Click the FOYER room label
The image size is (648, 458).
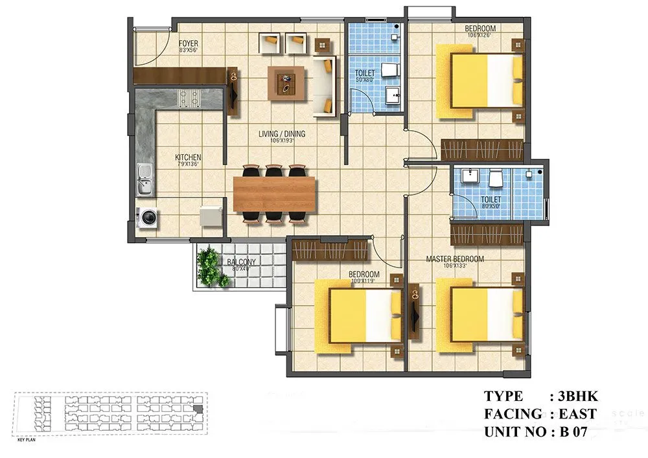point(189,43)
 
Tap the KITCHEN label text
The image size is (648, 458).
point(188,157)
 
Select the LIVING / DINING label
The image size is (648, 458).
point(282,134)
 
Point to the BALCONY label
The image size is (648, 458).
point(242,262)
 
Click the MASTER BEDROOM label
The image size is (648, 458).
point(455,259)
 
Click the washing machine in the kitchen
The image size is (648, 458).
point(148,217)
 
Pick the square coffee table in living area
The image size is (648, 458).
point(286,83)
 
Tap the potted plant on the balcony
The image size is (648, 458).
point(210,266)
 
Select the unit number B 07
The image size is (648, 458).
point(568,432)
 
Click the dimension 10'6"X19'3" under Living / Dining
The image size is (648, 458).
point(282,141)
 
